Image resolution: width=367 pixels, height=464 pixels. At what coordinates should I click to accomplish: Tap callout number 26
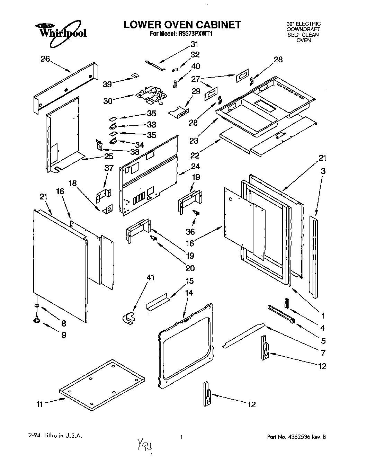[x=45, y=59]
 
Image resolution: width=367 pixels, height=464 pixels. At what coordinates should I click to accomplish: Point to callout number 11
[x=40, y=404]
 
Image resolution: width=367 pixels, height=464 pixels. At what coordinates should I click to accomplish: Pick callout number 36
[x=190, y=232]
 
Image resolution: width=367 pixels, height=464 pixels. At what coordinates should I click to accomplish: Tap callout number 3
[x=323, y=171]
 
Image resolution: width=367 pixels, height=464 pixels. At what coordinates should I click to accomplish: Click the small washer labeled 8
[x=36, y=306]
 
